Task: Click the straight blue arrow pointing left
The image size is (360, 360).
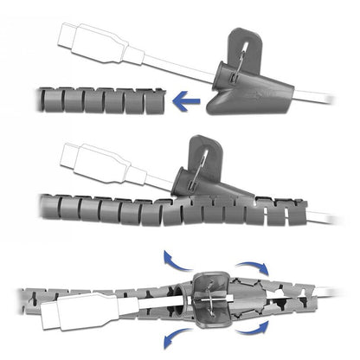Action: (x=186, y=103)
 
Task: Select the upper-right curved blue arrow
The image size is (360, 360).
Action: (x=255, y=267)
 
